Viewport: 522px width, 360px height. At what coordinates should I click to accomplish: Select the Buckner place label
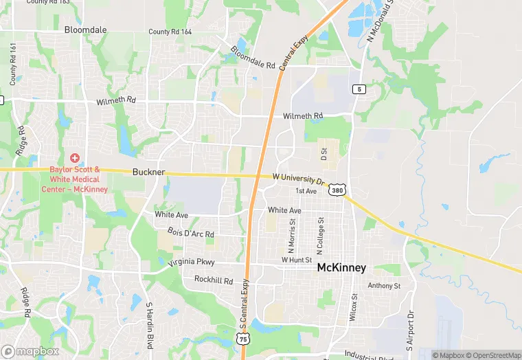tap(148, 172)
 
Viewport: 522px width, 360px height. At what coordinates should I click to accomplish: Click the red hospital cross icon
tap(75, 158)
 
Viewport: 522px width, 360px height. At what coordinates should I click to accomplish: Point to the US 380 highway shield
tap(337, 190)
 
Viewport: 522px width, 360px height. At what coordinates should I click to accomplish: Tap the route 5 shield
tap(358, 89)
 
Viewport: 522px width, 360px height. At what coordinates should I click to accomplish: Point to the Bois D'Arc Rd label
tap(190, 234)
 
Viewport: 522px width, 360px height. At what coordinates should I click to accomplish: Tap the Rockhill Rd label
tap(214, 280)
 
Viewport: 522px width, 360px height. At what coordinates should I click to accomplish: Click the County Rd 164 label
tap(170, 32)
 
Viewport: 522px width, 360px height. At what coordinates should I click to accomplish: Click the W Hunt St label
tap(297, 260)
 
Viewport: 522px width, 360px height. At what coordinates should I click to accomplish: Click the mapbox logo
tap(30, 351)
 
